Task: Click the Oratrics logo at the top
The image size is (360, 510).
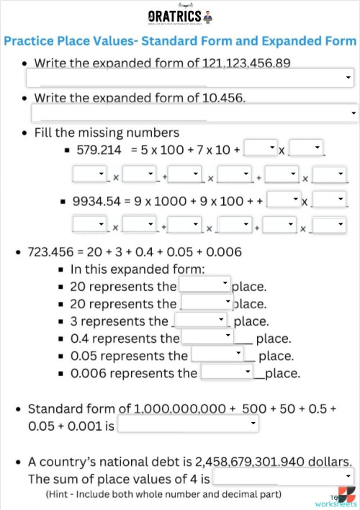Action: click(x=179, y=16)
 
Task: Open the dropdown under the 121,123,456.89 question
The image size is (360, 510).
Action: click(x=190, y=78)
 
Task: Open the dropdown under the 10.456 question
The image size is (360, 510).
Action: click(x=194, y=112)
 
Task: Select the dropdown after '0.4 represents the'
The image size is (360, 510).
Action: click(x=208, y=336)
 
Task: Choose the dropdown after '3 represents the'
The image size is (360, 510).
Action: click(x=202, y=320)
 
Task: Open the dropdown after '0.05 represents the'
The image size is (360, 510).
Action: click(x=218, y=354)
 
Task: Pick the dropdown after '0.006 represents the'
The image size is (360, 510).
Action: click(x=227, y=372)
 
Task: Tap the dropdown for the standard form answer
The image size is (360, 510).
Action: click(x=187, y=425)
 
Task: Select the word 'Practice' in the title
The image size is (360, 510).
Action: click(x=32, y=40)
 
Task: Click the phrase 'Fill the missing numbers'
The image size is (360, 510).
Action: click(x=107, y=133)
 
